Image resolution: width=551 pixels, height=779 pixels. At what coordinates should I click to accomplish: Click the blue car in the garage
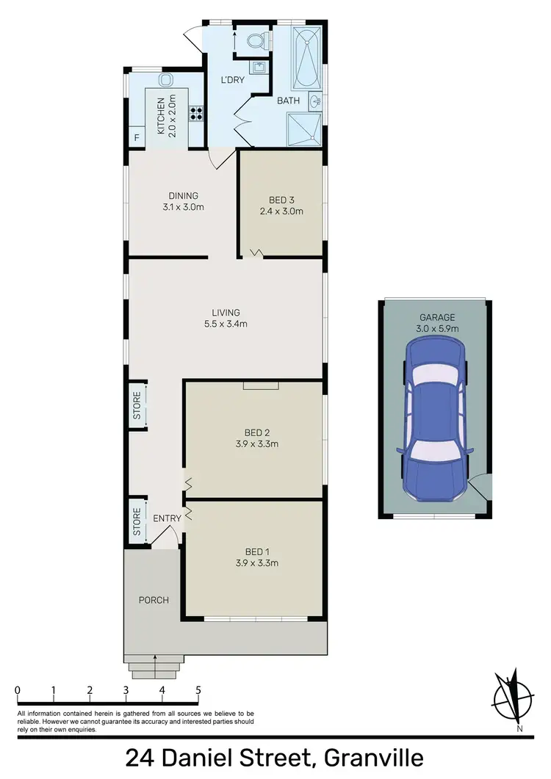click(433, 423)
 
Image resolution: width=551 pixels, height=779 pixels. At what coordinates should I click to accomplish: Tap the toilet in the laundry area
click(255, 42)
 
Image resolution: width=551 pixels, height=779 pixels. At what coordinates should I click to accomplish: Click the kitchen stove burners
click(197, 113)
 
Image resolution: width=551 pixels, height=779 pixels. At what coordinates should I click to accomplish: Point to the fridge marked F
click(137, 138)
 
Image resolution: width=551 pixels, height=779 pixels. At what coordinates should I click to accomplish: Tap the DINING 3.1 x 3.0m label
click(184, 201)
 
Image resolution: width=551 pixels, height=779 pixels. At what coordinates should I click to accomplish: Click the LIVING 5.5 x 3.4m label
click(225, 318)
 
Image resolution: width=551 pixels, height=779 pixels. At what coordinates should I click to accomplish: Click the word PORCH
click(154, 600)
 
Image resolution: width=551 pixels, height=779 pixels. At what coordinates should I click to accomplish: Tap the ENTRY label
click(167, 518)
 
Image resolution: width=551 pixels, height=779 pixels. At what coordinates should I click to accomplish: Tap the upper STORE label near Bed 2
click(137, 405)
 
